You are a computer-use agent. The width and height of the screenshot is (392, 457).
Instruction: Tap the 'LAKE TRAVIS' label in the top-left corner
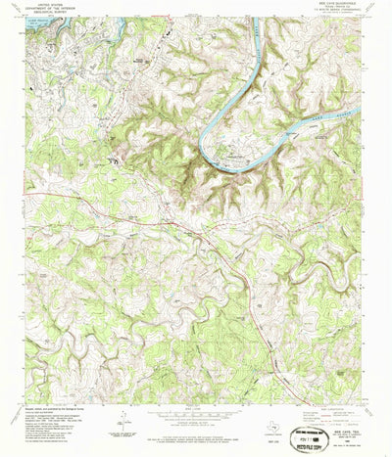pos(36,20)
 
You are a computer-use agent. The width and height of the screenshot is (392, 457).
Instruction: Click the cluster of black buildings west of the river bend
pos(118,154)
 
